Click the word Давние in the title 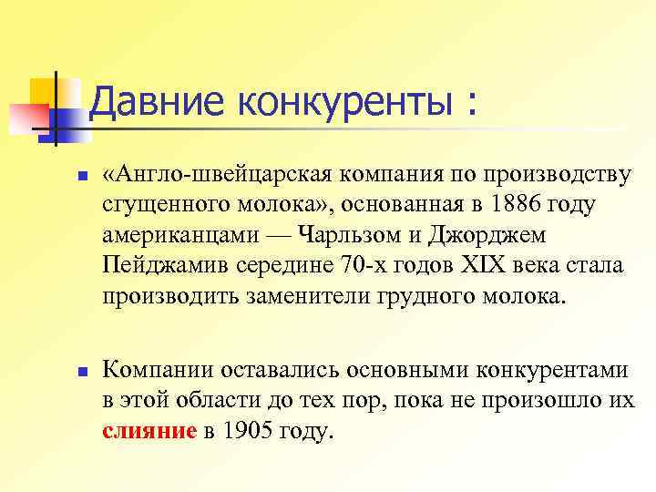pos(158,102)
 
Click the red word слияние pos(149,432)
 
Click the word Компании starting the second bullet pos(157,370)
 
